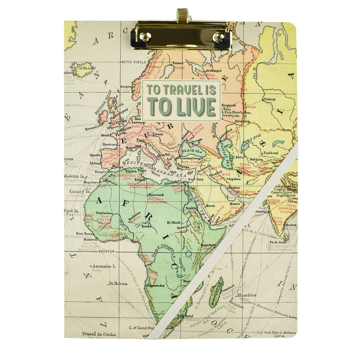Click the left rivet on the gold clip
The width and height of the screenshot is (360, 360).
(145, 37)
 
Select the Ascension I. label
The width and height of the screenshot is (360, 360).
(104, 266)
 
